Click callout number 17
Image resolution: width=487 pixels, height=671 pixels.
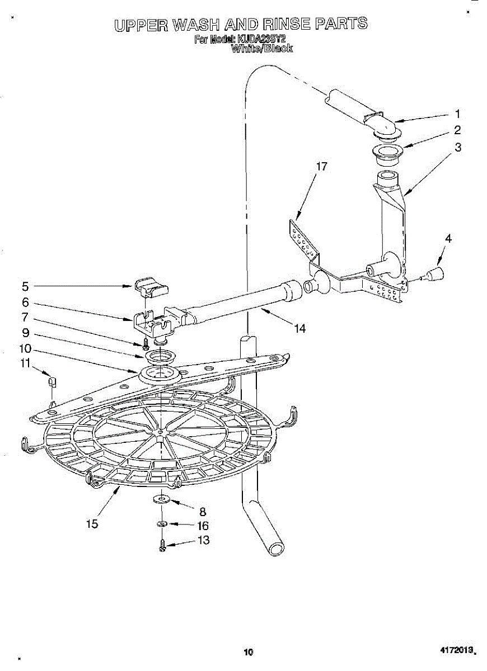[321, 167]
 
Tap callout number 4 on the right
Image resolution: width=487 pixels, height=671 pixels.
[448, 238]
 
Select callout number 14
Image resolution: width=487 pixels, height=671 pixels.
[299, 329]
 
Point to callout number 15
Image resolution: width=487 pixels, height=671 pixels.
[92, 524]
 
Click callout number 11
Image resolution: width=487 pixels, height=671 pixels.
[25, 363]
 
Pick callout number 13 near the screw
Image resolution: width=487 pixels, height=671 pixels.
[203, 540]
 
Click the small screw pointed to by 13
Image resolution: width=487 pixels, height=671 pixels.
[162, 546]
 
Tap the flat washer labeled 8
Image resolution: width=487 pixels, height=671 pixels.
[161, 499]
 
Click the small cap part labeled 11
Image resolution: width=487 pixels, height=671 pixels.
[52, 382]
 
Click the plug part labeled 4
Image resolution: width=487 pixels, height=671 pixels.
[436, 275]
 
